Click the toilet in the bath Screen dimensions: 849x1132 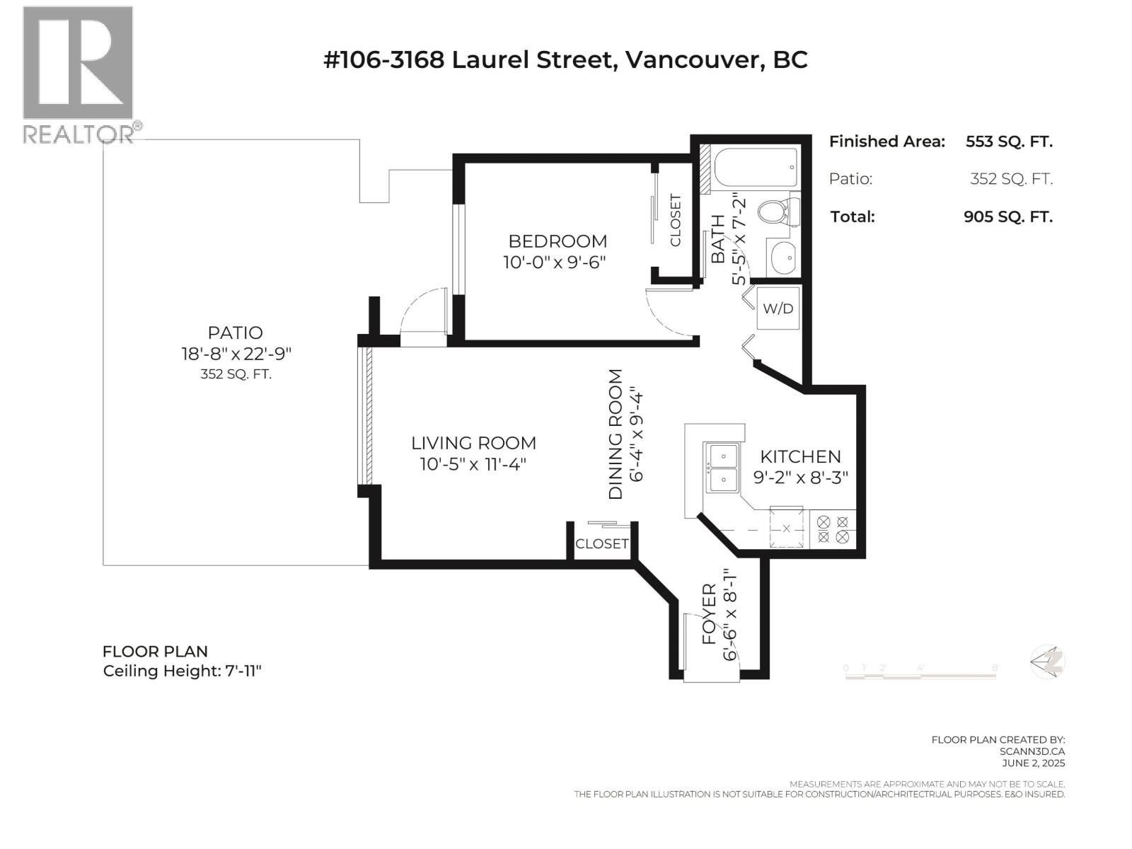pos(777,211)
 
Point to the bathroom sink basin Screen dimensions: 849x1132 pos(782,258)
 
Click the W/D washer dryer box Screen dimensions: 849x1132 pos(778,308)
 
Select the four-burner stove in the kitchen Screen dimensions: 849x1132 pos(833,529)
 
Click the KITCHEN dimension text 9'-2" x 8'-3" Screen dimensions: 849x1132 pos(800,478)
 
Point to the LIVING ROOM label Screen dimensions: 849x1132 pos(473,444)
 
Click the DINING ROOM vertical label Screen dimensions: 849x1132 pos(616,434)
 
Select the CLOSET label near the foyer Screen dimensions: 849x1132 pos(602,543)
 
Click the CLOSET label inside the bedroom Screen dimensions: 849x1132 pos(675,220)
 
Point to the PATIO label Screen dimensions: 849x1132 pos(235,333)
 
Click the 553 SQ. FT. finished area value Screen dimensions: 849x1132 pos(1008,141)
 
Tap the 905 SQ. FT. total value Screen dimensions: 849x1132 pos(1007,216)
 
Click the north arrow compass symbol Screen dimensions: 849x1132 pos(1047,662)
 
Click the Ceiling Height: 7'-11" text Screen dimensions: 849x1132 pos(183,671)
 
